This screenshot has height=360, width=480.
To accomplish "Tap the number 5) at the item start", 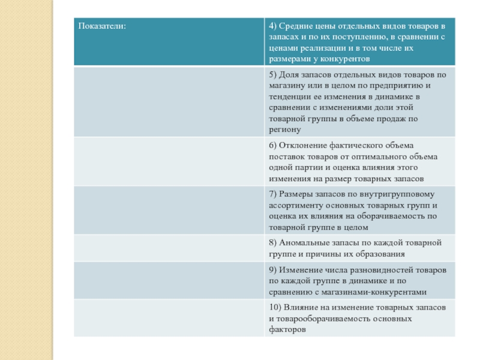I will pos(273,75).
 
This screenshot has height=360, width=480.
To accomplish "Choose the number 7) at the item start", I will pos(273,194).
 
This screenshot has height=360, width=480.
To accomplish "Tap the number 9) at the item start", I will pos(273,271).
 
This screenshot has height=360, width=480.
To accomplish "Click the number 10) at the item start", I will pos(275,308).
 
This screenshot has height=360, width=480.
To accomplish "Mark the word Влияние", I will pos(302,308).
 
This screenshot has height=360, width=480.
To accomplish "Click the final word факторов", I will pos(288,329).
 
